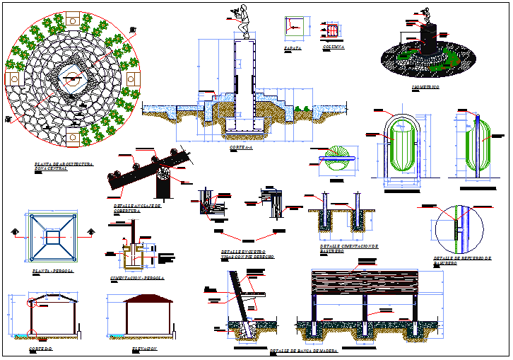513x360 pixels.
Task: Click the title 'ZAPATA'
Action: (293, 49)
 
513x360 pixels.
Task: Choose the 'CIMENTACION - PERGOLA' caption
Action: (137, 278)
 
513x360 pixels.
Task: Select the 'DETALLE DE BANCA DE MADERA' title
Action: (305, 351)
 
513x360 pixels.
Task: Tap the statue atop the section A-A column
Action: (242, 21)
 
